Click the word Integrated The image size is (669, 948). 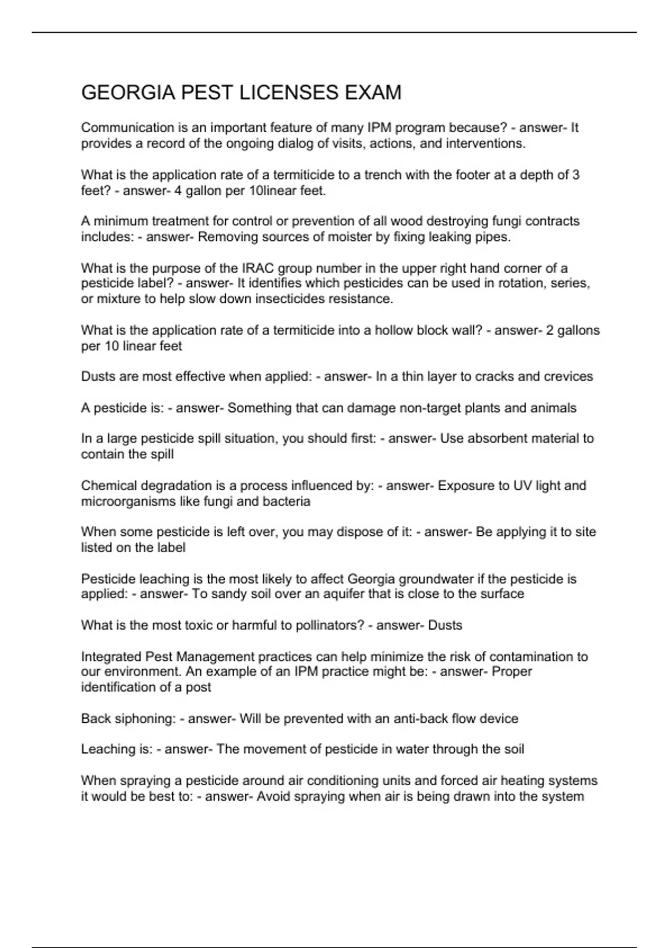pyautogui.click(x=111, y=656)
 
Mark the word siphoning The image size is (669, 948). pyautogui.click(x=147, y=718)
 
